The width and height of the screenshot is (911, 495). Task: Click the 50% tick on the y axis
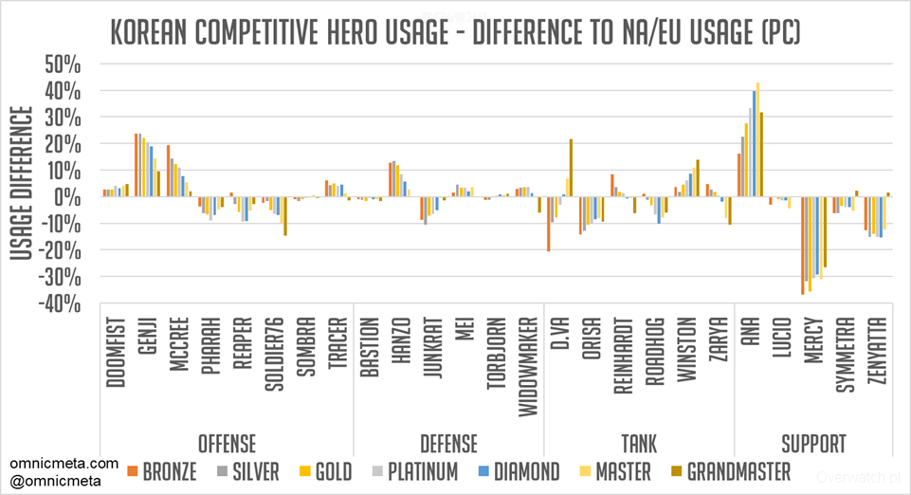(64, 64)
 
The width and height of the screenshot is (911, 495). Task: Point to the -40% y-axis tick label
(61, 303)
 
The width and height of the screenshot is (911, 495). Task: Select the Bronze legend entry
(166, 471)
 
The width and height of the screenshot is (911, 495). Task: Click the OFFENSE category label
(227, 442)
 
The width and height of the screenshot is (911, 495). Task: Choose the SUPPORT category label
(812, 442)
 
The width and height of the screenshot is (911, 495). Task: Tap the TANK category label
(638, 442)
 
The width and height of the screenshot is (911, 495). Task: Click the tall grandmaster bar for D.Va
(572, 168)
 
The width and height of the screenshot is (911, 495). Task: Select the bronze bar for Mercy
(802, 246)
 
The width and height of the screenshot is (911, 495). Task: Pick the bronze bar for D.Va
(549, 224)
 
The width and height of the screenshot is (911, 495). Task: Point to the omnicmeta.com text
(64, 464)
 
